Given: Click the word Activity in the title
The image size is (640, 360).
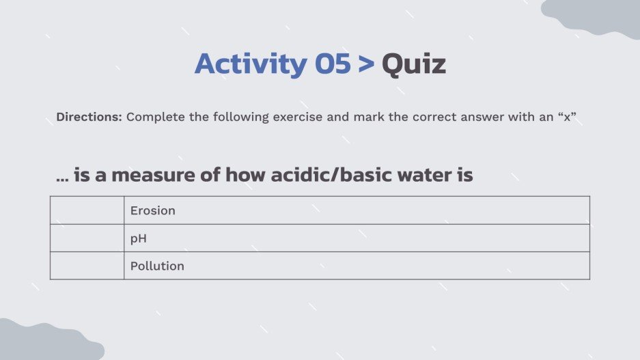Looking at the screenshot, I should (x=251, y=64).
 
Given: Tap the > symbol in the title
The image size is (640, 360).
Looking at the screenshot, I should (x=367, y=64).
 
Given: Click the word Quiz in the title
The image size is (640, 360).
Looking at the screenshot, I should (x=414, y=64).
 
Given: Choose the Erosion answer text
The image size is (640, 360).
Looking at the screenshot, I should (x=153, y=210).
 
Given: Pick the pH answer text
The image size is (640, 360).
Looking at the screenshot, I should (x=139, y=238).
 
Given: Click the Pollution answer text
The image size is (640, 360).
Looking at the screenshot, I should (x=157, y=266).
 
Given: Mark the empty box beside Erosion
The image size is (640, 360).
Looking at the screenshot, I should (x=87, y=210).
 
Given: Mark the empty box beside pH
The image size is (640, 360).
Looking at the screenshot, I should (x=87, y=238).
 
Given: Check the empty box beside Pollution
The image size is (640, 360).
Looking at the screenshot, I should (x=87, y=266).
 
